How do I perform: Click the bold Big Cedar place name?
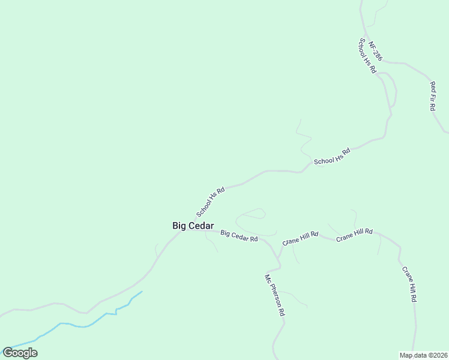point(193,226)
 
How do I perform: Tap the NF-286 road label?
point(375,51)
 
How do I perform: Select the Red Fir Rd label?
point(432,96)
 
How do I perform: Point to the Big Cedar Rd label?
point(239,236)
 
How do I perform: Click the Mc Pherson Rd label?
point(275,295)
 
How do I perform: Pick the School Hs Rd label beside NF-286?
point(367,56)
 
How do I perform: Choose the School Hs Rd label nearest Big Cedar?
point(210,202)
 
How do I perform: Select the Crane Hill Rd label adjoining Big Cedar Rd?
point(300,239)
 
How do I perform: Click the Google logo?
point(20,353)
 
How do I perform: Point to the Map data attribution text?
point(423,355)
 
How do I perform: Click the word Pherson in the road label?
point(277,298)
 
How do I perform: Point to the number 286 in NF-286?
point(378,55)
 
